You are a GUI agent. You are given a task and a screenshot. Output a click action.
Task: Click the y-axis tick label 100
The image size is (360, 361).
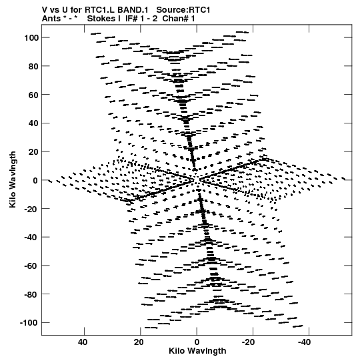[x=31, y=37]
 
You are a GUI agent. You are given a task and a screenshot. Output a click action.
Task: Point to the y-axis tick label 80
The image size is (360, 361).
[x=33, y=66]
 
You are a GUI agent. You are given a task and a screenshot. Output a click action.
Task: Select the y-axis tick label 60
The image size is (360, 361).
[x=33, y=95]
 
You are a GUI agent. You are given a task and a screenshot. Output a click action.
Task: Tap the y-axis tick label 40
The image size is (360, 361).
[x=33, y=123]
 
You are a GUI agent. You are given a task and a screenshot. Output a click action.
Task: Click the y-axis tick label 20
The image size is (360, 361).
[x=33, y=151]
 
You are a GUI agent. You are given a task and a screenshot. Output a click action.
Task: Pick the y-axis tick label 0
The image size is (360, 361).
[x=35, y=180]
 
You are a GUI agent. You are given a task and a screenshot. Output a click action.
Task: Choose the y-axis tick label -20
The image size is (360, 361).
[x=31, y=209]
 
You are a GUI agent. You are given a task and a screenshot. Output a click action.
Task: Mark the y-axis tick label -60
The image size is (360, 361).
[x=31, y=266]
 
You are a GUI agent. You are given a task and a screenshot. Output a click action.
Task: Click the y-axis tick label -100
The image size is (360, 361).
[x=29, y=323]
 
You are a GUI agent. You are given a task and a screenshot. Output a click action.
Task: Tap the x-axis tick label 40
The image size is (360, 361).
[x=83, y=342]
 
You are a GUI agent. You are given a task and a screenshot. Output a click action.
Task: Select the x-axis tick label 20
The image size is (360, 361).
[x=139, y=342]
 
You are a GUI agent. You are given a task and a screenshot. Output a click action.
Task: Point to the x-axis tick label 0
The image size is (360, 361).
[x=197, y=342]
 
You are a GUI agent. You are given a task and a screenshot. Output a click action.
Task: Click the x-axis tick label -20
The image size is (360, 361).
[x=248, y=342]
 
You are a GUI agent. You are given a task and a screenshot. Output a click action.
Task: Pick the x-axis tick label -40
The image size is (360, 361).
[x=304, y=342]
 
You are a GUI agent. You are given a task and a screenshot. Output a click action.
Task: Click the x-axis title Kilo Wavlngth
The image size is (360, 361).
[x=197, y=351]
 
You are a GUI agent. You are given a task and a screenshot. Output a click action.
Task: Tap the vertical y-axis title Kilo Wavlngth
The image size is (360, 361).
[x=13, y=179]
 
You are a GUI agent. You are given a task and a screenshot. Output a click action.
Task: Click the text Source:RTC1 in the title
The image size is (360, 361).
[x=183, y=10]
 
